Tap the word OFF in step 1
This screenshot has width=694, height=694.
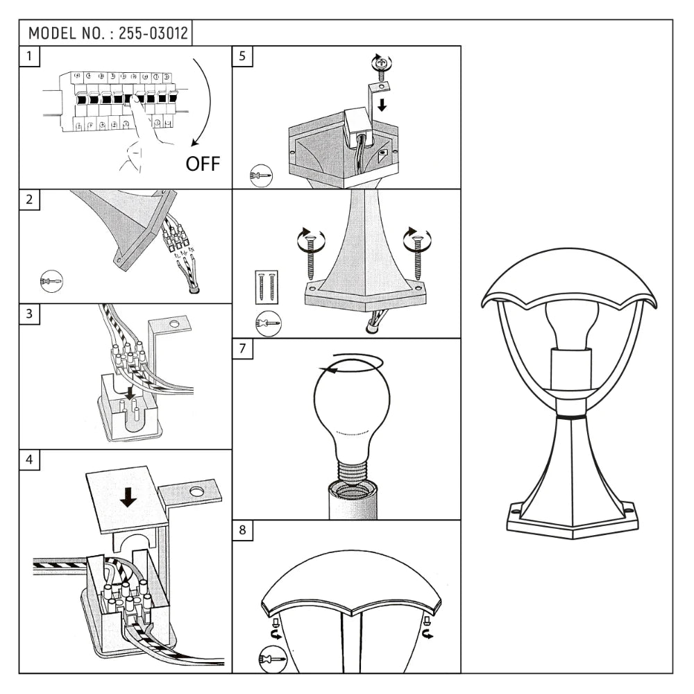pyautogui.click(x=202, y=164)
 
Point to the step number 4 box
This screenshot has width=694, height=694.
pyautogui.click(x=29, y=460)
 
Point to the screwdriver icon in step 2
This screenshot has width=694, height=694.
pyautogui.click(x=51, y=280)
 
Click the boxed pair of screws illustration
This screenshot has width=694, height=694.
pyautogui.click(x=266, y=286)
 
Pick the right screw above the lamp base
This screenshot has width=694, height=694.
pyautogui.click(x=417, y=253)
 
